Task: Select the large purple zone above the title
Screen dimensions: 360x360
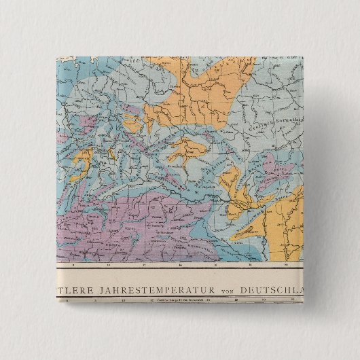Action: [x=136, y=224]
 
